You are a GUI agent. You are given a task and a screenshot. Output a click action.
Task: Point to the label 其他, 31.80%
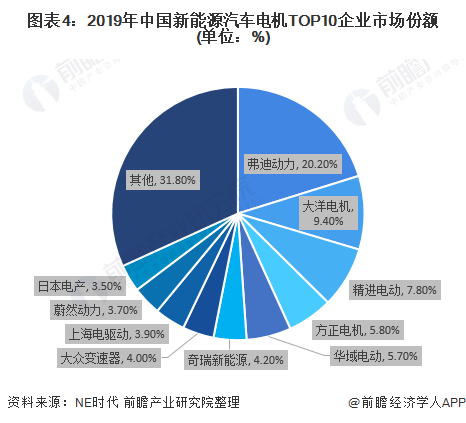(x=163, y=180)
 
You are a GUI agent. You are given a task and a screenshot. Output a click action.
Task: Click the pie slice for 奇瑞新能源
(x=231, y=322)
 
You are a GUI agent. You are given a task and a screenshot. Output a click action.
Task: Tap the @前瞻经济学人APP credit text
(x=400, y=402)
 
